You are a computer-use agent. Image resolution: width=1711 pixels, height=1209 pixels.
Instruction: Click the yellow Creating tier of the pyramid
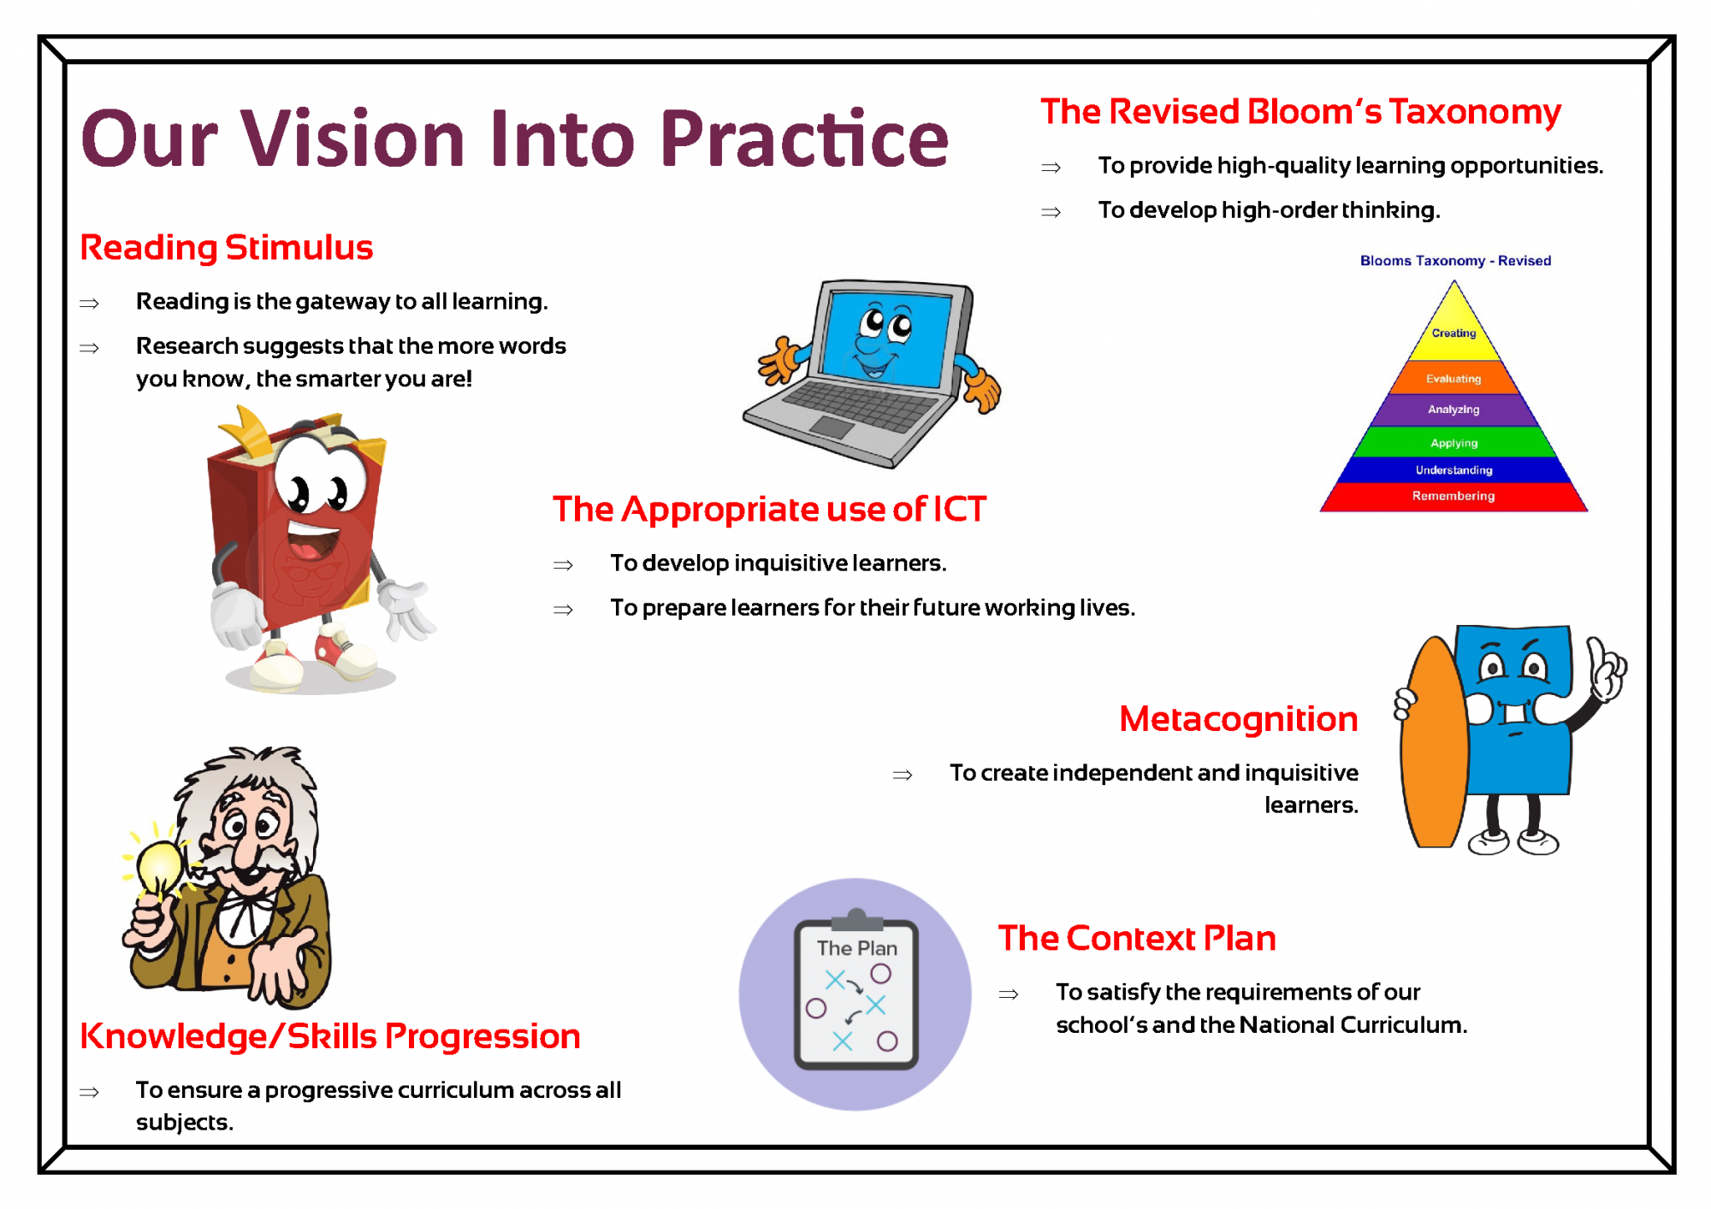point(1453,333)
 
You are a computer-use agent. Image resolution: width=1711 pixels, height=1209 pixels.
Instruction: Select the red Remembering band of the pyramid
point(1453,496)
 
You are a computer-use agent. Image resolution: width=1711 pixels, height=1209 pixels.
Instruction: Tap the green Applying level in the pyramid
point(1453,442)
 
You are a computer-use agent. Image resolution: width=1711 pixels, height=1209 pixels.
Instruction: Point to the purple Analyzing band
point(1453,410)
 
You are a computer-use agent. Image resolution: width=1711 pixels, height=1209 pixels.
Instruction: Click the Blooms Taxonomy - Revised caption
point(1455,261)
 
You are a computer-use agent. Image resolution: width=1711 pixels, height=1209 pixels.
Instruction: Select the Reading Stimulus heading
point(227,248)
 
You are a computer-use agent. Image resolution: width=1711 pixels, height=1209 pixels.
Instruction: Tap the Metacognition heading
point(1238,719)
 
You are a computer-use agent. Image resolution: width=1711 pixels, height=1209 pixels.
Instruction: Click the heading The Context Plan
point(1137,938)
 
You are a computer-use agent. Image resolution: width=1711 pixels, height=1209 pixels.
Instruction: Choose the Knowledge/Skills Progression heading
point(330,1036)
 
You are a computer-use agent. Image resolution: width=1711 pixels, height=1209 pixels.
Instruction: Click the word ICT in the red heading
point(959,510)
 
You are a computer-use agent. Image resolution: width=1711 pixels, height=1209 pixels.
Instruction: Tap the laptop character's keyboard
point(860,406)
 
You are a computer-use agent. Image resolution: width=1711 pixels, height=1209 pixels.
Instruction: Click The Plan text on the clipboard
point(856,948)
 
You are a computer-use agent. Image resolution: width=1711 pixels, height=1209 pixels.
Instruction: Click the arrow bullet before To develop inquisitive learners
point(563,565)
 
